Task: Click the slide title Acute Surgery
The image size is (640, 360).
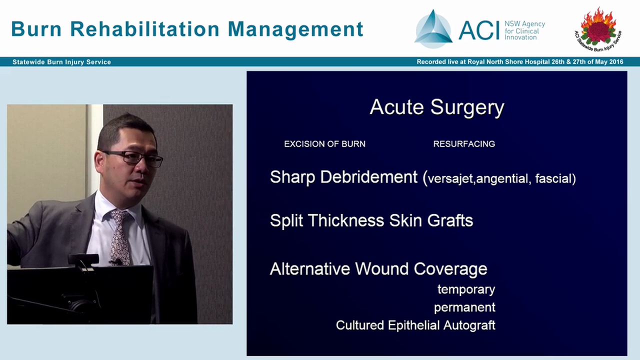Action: coord(436,107)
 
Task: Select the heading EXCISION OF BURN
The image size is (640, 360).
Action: coord(324,144)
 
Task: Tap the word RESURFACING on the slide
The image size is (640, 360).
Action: coord(464,144)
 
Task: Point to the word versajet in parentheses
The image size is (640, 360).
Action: coord(450,179)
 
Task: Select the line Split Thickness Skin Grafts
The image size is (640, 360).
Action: coord(371,220)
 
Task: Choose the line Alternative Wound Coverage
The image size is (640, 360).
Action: coord(378,269)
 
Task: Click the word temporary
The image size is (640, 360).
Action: coord(466,289)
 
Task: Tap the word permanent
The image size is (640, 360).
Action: coord(464,307)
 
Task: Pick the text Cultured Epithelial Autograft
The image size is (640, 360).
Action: coord(415,325)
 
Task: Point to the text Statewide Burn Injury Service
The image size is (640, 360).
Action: coord(61,62)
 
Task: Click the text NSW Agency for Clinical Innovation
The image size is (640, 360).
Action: coord(524,30)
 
